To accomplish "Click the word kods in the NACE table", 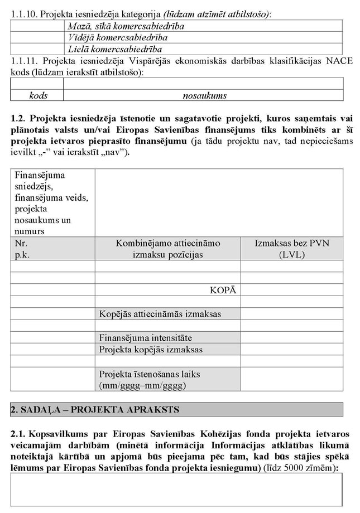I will [37, 95].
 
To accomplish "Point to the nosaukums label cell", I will [204, 95].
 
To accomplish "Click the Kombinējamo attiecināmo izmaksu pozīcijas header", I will [167, 249].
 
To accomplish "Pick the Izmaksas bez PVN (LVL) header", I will [291, 249].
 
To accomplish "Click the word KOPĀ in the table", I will [223, 291].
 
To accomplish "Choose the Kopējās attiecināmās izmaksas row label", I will [160, 314].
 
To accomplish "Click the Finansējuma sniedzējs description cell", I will [52, 202].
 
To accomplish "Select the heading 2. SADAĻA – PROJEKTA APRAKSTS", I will [94, 409].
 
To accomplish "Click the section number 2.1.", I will [17, 434].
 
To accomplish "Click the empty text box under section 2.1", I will [177, 490].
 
